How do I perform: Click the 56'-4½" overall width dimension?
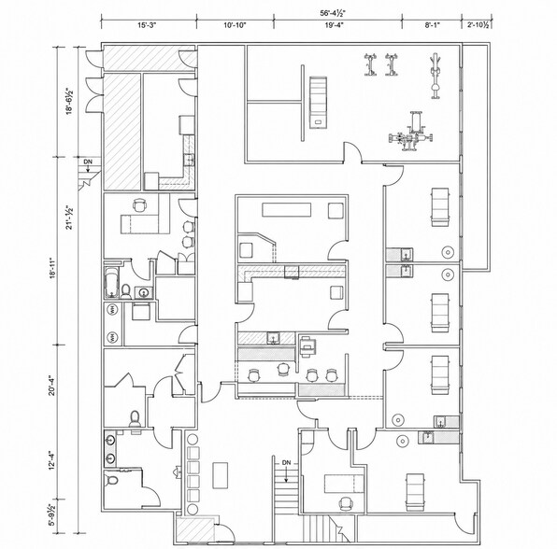[333, 13]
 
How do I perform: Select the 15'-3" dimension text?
[147, 25]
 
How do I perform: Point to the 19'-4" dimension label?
[334, 25]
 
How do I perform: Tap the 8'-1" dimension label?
[433, 25]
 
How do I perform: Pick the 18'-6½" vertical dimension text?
[69, 101]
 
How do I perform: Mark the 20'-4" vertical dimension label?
[52, 385]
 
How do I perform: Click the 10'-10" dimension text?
[235, 25]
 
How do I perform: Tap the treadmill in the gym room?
[318, 102]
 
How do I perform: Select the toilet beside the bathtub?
[126, 291]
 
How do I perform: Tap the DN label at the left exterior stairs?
[88, 162]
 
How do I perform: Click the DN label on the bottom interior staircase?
[286, 463]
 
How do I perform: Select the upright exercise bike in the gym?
[435, 76]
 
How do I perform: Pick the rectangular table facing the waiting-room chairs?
[221, 475]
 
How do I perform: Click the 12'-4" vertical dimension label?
[52, 460]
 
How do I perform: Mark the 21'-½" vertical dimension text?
[69, 218]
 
